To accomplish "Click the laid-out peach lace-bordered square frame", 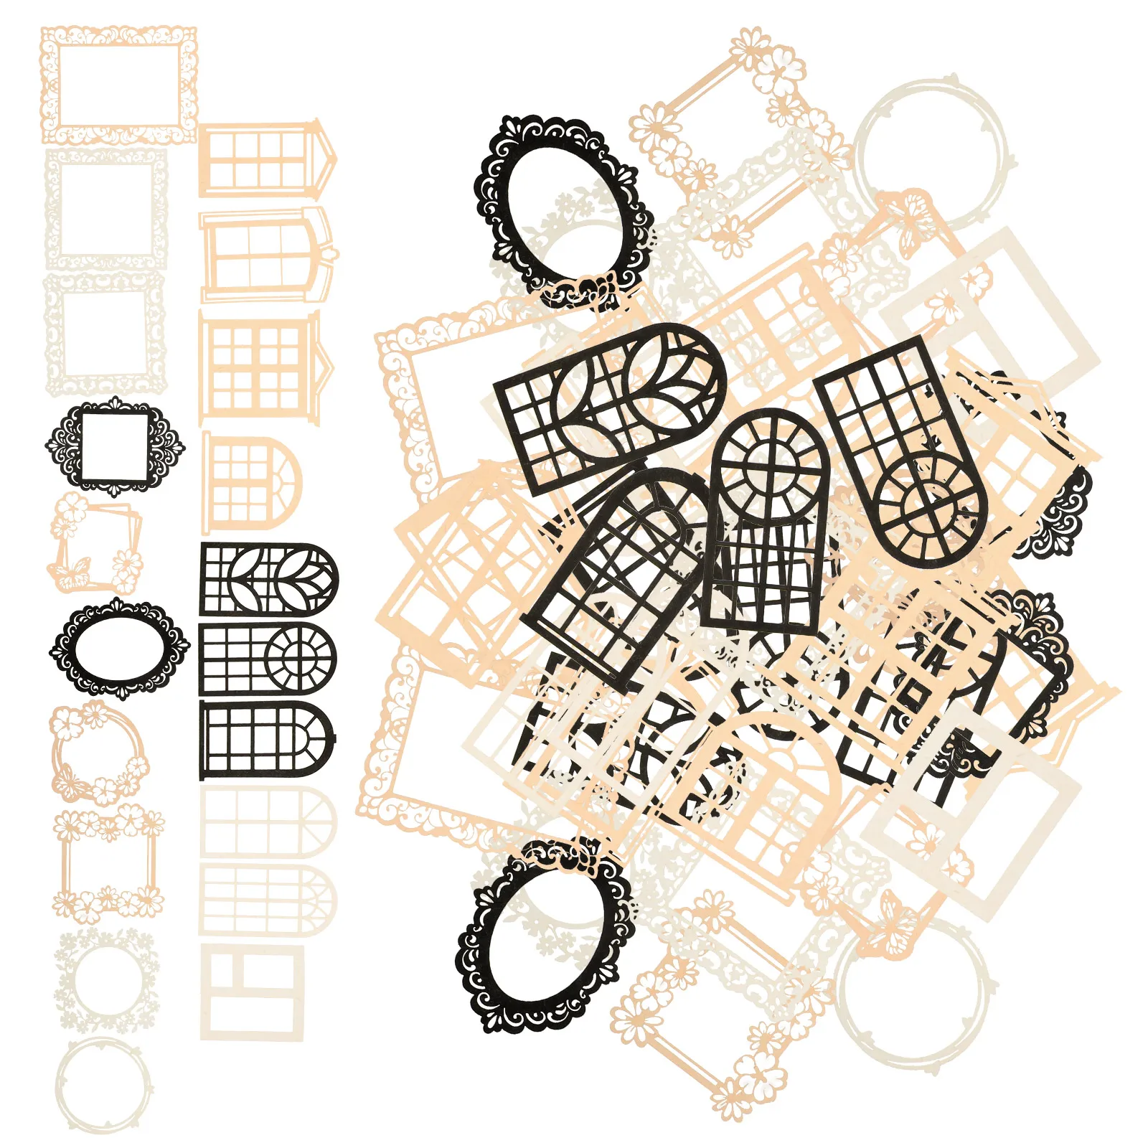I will (118, 85).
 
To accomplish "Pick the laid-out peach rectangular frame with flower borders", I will (108, 865).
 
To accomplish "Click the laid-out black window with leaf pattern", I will (268, 579).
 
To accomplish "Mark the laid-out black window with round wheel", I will (268, 659).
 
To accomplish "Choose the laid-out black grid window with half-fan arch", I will (268, 740).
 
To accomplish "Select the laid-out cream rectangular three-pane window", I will (252, 992).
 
